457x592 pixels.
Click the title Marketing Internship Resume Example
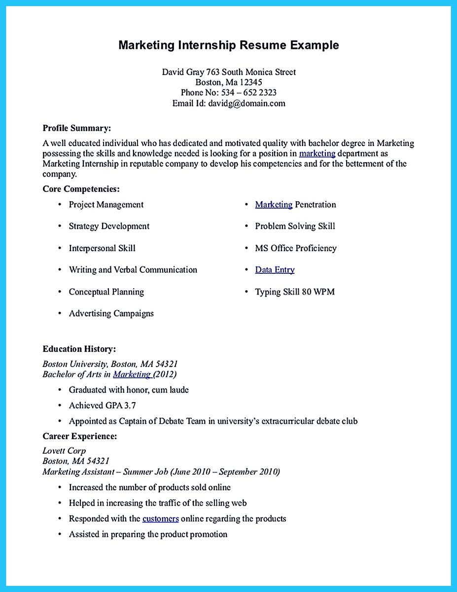pos(228,45)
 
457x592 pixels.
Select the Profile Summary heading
pos(77,128)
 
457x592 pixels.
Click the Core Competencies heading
pos(81,189)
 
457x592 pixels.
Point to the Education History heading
pos(79,349)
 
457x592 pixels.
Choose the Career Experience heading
pos(80,436)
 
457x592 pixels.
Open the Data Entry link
pos(275,270)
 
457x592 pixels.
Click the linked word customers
pos(161,518)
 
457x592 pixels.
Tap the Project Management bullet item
pos(106,205)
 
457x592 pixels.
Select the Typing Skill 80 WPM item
pos(294,292)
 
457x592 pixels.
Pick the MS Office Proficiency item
pos(295,248)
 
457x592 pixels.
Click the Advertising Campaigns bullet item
pos(111,314)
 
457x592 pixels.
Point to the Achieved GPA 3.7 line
pos(102,406)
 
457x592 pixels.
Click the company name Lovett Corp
pos(64,451)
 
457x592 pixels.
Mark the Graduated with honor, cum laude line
pos(129,390)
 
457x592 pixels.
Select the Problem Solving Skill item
pos(295,226)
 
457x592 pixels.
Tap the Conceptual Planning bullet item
pos(106,292)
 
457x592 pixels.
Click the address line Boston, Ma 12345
pos(228,82)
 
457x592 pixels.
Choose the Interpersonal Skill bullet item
pos(102,248)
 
